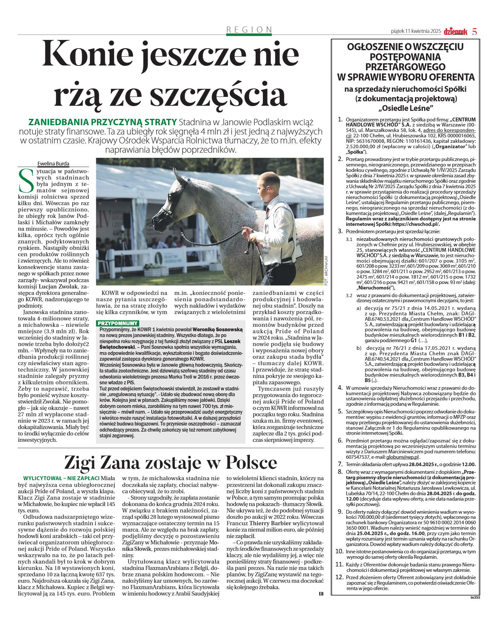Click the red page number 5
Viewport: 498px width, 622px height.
click(x=474, y=31)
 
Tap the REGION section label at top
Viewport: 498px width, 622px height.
click(x=249, y=30)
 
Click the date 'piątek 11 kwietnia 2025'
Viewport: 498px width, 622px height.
click(x=416, y=31)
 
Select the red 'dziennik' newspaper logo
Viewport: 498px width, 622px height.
click(x=455, y=31)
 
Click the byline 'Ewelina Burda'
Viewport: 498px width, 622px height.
click(x=53, y=164)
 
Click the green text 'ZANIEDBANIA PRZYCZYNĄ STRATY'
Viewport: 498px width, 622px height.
click(x=103, y=122)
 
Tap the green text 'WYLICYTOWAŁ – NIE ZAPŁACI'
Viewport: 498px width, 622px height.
click(x=61, y=478)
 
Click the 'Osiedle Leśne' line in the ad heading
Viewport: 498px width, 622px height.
click(x=406, y=108)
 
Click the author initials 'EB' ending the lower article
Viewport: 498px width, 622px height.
click(x=321, y=594)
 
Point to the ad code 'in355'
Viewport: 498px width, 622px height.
click(x=475, y=597)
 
